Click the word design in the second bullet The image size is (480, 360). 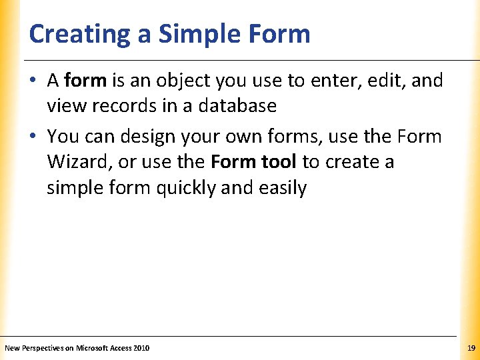click(147, 137)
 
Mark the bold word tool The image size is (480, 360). click(278, 161)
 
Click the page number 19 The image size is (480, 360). click(471, 348)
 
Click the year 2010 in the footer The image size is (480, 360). click(141, 348)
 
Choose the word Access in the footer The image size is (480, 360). click(121, 348)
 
